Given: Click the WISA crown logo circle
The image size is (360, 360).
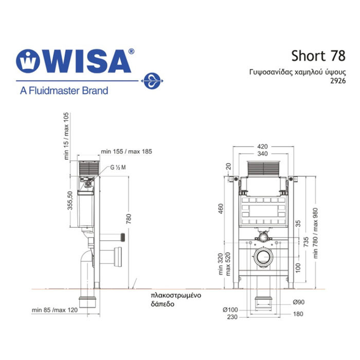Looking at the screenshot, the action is pyautogui.click(x=28, y=61).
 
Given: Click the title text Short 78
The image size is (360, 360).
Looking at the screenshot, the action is pyautogui.click(x=318, y=56).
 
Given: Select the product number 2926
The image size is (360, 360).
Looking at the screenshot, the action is pyautogui.click(x=338, y=81).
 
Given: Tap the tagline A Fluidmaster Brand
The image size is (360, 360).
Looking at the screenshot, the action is pyautogui.click(x=64, y=91).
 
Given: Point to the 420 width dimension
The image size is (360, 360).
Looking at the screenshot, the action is pyautogui.click(x=262, y=147).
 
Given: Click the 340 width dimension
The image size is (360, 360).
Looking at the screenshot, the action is pyautogui.click(x=262, y=154).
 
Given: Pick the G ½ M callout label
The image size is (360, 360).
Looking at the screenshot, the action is pyautogui.click(x=118, y=167).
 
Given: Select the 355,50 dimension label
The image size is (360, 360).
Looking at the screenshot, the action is pyautogui.click(x=70, y=201).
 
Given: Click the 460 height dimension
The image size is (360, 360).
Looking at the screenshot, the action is pyautogui.click(x=221, y=208).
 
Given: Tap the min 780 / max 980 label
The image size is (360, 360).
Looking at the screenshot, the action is pyautogui.click(x=315, y=233).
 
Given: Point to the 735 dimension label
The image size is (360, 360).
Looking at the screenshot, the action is pyautogui.click(x=306, y=242).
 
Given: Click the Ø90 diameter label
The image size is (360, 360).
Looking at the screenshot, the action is pyautogui.click(x=299, y=302).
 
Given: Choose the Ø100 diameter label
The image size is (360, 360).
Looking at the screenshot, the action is pyautogui.click(x=230, y=310).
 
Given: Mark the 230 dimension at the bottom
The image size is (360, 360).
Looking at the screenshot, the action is pyautogui.click(x=232, y=317).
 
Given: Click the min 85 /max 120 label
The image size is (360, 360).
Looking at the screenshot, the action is pyautogui.click(x=55, y=310).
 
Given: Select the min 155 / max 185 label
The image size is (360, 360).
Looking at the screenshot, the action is pyautogui.click(x=127, y=152).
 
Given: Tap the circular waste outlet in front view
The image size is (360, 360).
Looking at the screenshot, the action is pyautogui.click(x=263, y=257).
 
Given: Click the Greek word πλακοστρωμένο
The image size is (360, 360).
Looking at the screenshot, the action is pyautogui.click(x=176, y=295).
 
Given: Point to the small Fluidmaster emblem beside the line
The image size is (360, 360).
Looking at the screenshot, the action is pyautogui.click(x=152, y=81).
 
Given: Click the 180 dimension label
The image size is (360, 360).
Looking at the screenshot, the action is pyautogui.click(x=298, y=314).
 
